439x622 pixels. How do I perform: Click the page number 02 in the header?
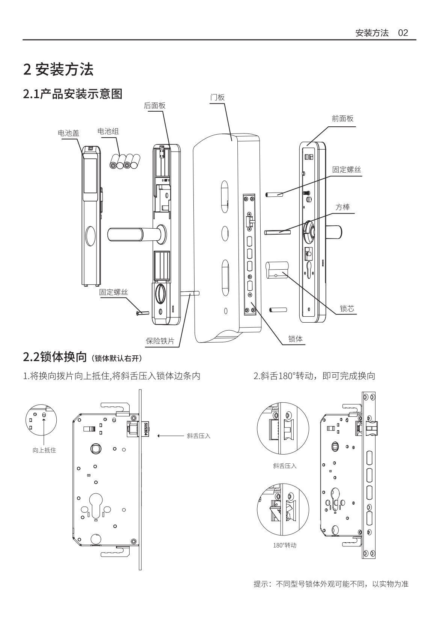tap(403, 33)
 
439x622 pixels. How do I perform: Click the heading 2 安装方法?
tap(58, 70)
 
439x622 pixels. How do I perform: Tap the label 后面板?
tap(155, 106)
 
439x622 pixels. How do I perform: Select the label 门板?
tap(217, 97)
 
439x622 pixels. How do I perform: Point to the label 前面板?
tap(342, 119)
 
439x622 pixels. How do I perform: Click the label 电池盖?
tap(68, 133)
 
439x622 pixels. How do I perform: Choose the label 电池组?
tap(108, 131)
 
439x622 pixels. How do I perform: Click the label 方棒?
tap(342, 208)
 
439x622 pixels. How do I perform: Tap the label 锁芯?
tap(347, 309)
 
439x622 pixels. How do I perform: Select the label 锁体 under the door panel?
tap(295, 339)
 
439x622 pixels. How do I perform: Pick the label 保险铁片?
tap(160, 341)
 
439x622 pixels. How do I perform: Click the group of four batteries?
tap(124, 162)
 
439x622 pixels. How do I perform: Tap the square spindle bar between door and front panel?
tap(278, 232)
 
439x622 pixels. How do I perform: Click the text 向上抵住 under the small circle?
tap(44, 450)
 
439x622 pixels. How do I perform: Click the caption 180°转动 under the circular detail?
tap(284, 545)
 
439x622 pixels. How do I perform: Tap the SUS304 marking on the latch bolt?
tap(146, 429)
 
